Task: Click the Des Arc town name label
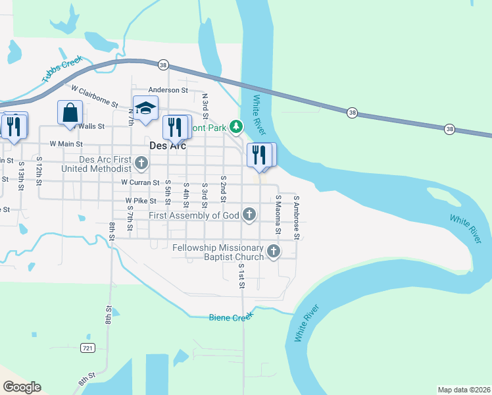point(168,145)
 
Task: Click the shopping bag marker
point(70,113)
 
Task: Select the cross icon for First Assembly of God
point(249,215)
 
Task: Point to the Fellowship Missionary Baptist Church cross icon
point(273,251)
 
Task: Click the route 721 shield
point(88,347)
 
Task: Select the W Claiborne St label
point(94,95)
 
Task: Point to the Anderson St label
point(168,90)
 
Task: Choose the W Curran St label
point(140,182)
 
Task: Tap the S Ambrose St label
point(297,217)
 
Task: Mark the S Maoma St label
point(278,215)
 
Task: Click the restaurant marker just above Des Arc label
point(174,126)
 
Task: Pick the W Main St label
point(66,143)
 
